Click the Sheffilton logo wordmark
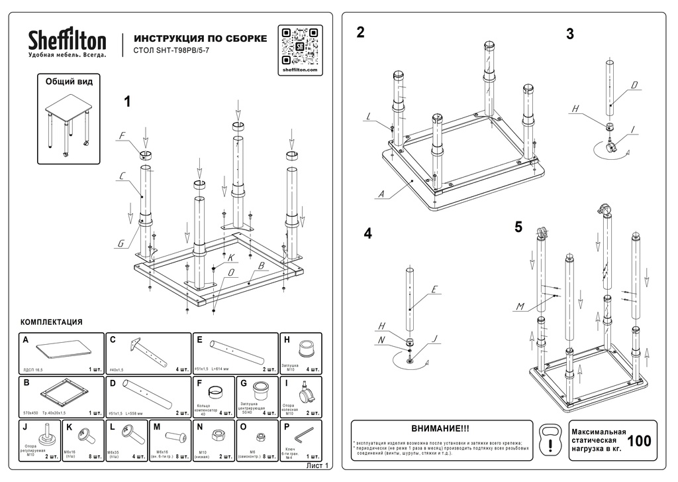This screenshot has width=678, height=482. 67,40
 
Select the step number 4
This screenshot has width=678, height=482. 367,233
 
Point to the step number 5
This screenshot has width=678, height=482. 518,227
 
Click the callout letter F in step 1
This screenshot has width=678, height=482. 122,137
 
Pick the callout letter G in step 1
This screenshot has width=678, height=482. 121,243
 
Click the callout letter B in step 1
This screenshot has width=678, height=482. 261,266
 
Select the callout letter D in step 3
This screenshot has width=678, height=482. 634,85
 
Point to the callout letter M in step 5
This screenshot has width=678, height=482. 520,306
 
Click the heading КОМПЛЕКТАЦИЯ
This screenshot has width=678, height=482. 52,322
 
